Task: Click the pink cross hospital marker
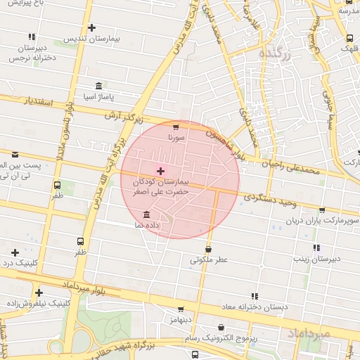tap(161, 171)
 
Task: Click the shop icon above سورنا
tap(176, 127)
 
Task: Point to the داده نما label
tap(162, 224)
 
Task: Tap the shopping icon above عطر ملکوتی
tap(208, 249)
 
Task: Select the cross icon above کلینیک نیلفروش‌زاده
tap(39, 292)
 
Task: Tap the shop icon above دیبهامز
tap(181, 309)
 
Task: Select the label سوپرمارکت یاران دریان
tap(323, 221)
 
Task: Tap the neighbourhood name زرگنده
tap(275, 53)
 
